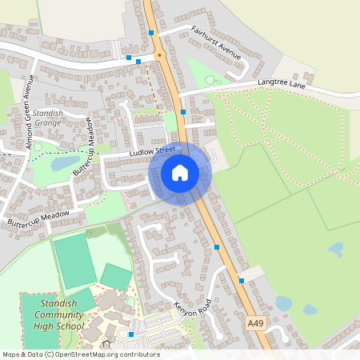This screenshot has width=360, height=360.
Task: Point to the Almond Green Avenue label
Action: click(x=30, y=113)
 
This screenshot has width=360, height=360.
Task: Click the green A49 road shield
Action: click(x=255, y=323)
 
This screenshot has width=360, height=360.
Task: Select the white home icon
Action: click(x=180, y=173)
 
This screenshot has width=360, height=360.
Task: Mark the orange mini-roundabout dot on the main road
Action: click(x=158, y=55)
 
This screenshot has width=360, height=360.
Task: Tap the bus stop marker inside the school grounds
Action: click(x=131, y=334)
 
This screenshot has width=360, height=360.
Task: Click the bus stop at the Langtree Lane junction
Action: click(x=183, y=113)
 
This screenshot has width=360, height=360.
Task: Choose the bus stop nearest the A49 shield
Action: click(x=242, y=281)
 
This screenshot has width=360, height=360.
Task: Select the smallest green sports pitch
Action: click(x=116, y=278)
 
